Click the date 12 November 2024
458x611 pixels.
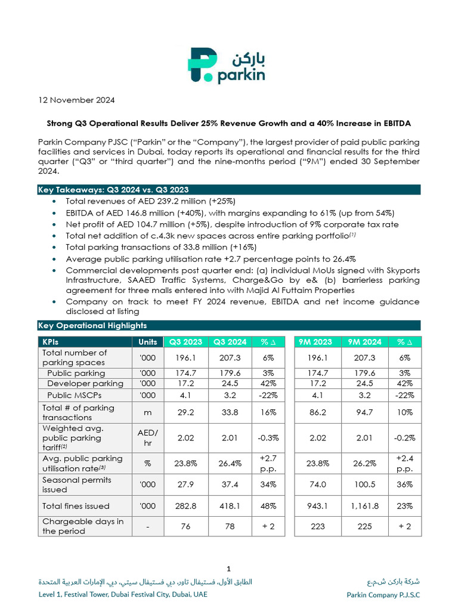[76, 100]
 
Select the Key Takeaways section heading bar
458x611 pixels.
[229, 190]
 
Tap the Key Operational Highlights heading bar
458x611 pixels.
[229, 325]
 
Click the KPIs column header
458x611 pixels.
[85, 342]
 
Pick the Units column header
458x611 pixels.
[147, 342]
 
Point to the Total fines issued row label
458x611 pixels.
[76, 506]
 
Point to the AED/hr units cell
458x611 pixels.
[147, 438]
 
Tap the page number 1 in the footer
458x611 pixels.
[229, 568]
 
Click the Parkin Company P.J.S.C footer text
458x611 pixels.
[383, 595]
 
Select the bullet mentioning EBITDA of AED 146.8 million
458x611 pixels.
[230, 213]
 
